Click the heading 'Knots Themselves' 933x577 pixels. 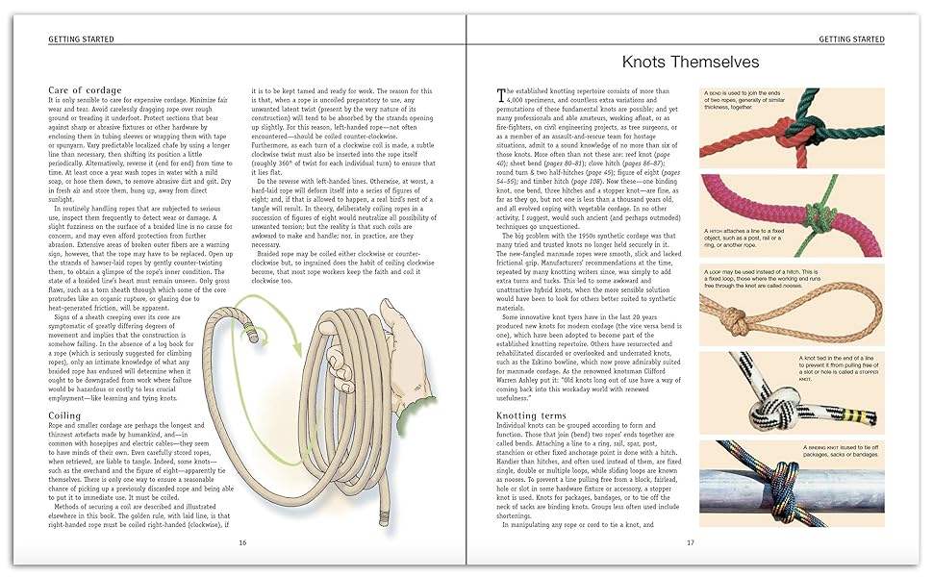[691, 63]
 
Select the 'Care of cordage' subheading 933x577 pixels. [85, 90]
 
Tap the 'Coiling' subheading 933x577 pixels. [65, 415]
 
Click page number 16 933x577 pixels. [242, 542]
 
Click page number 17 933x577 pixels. [691, 542]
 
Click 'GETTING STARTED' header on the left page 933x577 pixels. [82, 38]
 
